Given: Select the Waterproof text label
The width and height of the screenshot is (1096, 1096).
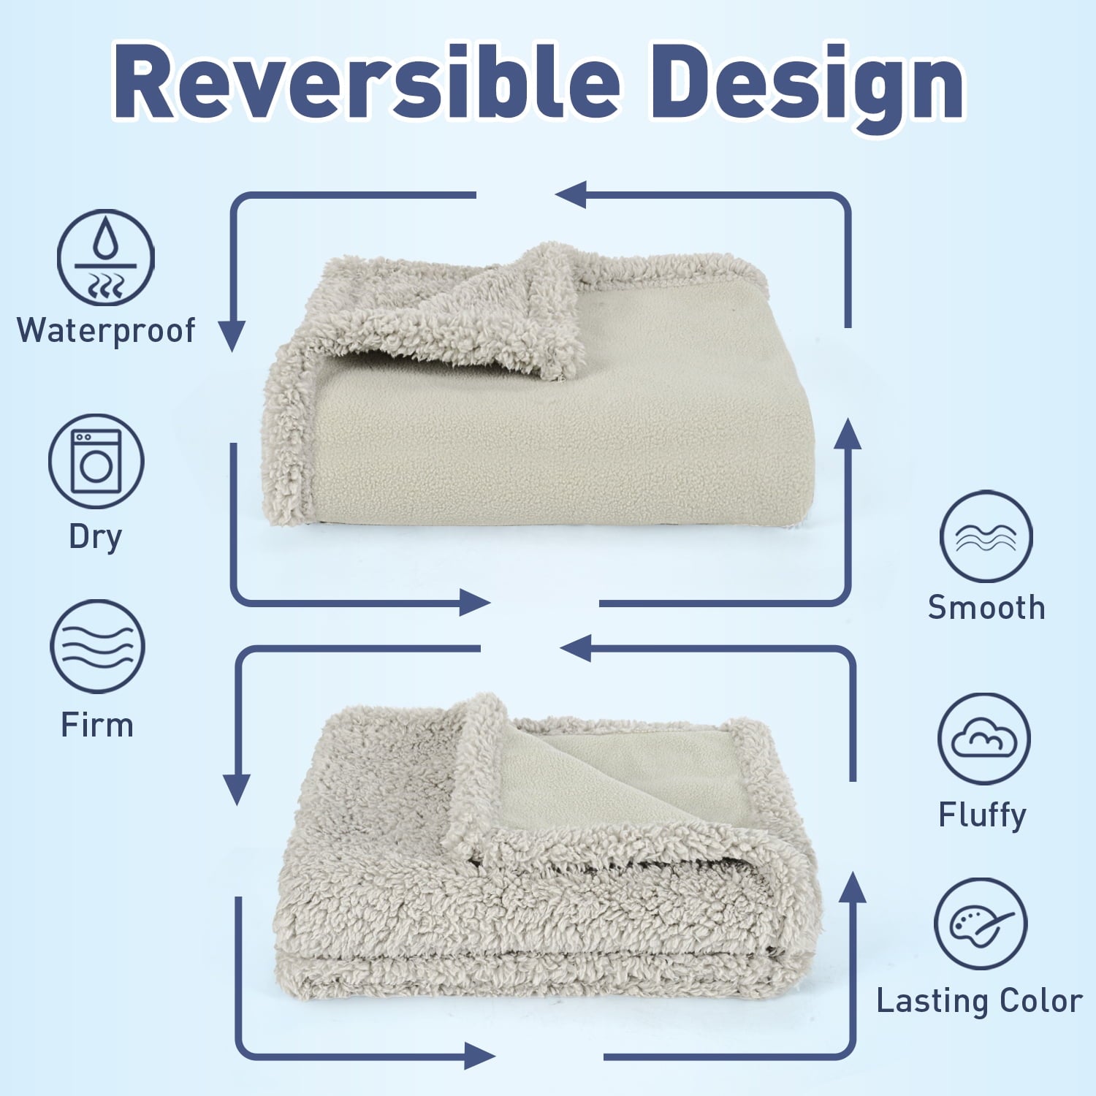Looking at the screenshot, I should (106, 330).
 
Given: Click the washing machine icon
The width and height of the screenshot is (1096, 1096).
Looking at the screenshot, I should (96, 462).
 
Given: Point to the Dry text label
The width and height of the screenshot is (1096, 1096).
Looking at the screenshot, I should (95, 537).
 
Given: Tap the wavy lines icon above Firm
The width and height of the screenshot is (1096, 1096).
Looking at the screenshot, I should (97, 647).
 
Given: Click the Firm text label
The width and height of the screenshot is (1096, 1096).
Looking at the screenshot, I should (97, 726).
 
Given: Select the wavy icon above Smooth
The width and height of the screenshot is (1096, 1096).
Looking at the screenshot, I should (986, 537).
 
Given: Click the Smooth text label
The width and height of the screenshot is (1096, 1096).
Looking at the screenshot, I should (986, 608).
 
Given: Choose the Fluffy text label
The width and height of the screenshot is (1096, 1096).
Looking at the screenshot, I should (982, 815).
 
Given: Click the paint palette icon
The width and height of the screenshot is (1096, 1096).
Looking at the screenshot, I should (981, 924).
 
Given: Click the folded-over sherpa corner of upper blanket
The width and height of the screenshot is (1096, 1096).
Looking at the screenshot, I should (468, 307).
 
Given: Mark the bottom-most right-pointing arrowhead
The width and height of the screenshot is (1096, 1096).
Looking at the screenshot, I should (479, 1056).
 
